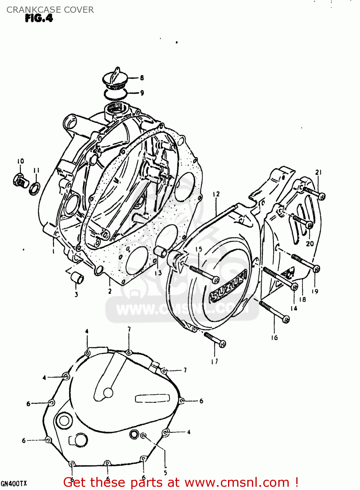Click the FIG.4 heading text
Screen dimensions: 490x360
coord(39,18)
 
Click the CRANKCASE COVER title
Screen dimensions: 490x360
coord(50,10)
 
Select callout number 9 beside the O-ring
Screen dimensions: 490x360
coord(142,93)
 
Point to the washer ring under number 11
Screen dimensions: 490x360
coord(35,189)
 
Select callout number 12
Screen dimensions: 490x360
coord(216,194)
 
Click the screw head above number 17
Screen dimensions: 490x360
coord(222,343)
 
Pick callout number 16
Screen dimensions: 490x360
coord(274,338)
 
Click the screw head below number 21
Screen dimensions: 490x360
coord(322,196)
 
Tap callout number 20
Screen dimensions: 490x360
coord(310,243)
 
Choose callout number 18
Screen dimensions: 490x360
coord(303,299)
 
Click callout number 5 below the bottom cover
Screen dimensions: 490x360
coord(165,473)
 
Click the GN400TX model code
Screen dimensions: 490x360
coord(14,483)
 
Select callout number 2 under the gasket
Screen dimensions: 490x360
coord(110,291)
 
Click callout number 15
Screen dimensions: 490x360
coord(199,249)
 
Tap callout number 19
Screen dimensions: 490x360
coord(315,291)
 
